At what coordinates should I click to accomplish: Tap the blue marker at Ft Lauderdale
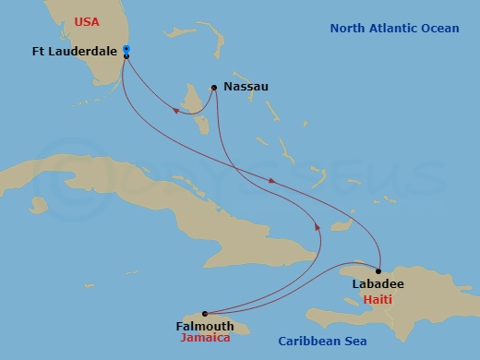click(126, 49)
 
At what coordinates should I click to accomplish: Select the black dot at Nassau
click(213, 88)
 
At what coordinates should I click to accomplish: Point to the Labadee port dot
click(378, 270)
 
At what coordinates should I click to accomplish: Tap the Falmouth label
click(202, 326)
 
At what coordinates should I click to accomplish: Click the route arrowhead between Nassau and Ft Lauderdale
click(175, 111)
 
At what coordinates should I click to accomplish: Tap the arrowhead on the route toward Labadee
click(271, 181)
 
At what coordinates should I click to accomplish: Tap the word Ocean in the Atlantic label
click(438, 29)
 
